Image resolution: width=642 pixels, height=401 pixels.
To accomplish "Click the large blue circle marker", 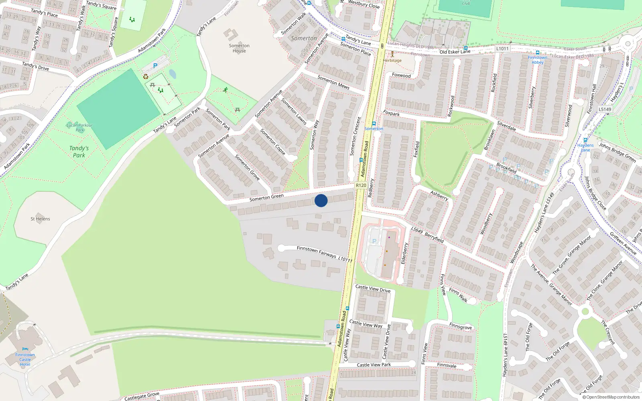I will [321, 200].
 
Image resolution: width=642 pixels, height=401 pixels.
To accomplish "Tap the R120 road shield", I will [361, 185].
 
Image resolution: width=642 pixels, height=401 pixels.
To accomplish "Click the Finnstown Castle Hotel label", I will [25, 359].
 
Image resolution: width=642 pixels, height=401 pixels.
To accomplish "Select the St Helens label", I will [40, 219].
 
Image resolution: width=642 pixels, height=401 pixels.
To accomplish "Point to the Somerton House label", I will [239, 48].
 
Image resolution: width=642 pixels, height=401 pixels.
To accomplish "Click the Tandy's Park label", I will [79, 152].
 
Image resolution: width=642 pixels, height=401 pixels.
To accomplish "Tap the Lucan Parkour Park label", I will [79, 128].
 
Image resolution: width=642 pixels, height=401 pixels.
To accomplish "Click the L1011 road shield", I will [502, 49].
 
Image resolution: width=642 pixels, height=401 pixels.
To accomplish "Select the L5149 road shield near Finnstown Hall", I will [605, 109].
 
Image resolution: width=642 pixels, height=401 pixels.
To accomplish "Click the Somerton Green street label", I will [266, 197].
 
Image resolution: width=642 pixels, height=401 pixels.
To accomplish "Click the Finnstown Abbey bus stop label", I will [537, 60].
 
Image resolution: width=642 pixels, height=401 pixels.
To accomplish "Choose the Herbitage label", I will [392, 61].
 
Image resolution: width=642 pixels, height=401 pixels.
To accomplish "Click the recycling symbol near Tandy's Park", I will [146, 77].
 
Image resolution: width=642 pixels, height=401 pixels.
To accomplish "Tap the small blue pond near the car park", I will [172, 74].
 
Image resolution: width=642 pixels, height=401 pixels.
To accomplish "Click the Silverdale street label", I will [506, 126].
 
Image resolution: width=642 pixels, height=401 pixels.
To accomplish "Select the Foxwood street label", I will [401, 75].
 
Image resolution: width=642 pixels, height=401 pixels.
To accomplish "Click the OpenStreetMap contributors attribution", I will [611, 397].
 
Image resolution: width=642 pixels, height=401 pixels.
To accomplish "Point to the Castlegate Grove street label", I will [142, 396].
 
